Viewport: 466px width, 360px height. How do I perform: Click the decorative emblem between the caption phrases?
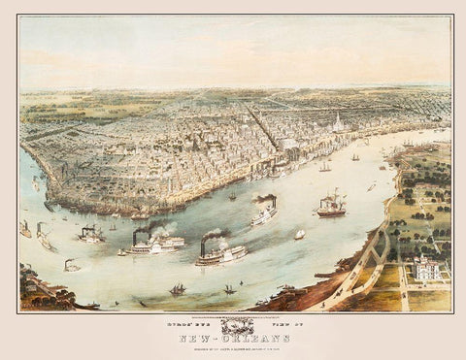[230, 324]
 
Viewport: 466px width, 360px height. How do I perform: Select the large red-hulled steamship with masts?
[330, 206]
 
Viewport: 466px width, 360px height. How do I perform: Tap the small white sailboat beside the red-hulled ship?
[300, 234]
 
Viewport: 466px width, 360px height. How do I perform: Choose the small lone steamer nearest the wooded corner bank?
[72, 265]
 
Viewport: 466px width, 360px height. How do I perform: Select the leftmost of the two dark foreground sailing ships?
[179, 288]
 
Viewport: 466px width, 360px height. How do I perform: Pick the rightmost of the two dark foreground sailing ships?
[230, 288]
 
